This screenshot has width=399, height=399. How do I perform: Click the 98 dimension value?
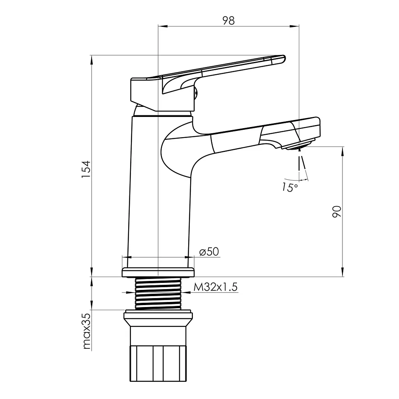[228, 20]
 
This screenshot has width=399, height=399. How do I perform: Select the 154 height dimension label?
[86, 169]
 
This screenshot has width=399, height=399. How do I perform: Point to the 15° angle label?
[290, 187]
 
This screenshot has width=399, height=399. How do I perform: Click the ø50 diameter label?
[209, 252]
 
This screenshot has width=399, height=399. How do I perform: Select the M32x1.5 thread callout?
[215, 287]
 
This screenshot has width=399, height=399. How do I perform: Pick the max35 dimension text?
[87, 331]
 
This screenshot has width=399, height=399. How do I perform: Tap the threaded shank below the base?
[158, 293]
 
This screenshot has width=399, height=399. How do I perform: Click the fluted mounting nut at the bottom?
[158, 363]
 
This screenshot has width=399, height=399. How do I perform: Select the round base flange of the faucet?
[158, 272]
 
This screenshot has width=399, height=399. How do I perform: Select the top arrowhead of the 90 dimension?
[343, 152]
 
